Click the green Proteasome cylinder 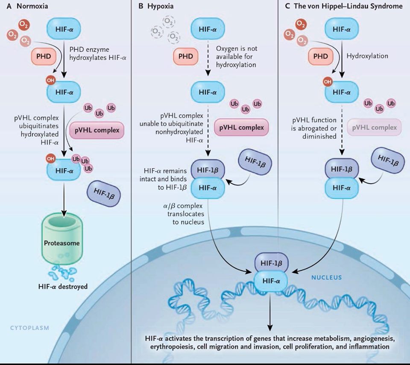point(64,242)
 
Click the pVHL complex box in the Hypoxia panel point(241,127)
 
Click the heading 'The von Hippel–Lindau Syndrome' point(348,7)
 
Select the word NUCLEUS point(326,277)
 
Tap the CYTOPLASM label point(29,328)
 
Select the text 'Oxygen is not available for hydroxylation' point(236,56)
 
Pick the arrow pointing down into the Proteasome point(64,202)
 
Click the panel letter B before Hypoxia point(140,7)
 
